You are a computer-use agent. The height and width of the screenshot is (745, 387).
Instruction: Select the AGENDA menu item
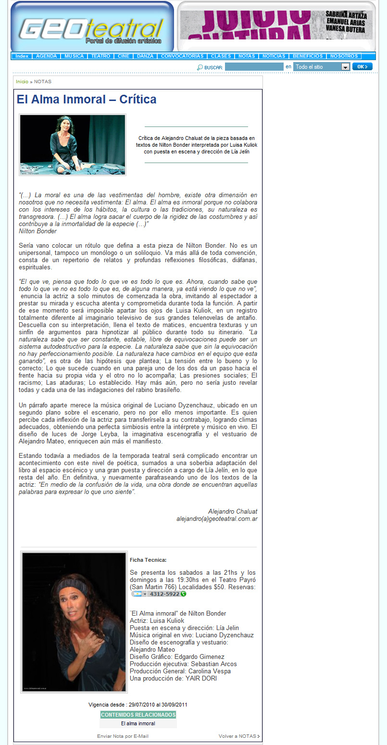click(x=46, y=56)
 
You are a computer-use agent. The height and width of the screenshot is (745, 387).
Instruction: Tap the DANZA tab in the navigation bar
click(x=145, y=56)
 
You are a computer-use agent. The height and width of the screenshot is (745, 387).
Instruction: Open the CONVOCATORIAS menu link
click(x=182, y=56)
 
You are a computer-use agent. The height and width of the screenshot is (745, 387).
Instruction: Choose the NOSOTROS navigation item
click(x=344, y=56)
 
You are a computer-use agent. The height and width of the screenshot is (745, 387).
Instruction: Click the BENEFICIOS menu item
click(x=308, y=56)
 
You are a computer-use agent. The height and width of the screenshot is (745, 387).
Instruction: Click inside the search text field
click(x=254, y=67)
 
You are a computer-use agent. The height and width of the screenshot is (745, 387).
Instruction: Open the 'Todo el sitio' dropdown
click(x=321, y=67)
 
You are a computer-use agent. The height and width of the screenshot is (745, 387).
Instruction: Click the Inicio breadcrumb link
click(x=22, y=82)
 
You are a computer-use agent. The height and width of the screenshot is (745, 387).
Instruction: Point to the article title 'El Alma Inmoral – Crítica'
click(x=87, y=100)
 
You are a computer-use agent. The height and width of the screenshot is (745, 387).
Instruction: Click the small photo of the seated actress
click(x=73, y=145)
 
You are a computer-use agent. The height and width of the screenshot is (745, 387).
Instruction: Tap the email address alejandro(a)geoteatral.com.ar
click(x=216, y=519)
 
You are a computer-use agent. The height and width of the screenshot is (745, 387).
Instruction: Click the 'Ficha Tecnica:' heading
click(x=148, y=560)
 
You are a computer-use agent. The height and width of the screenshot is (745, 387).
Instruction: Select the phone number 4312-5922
click(x=164, y=594)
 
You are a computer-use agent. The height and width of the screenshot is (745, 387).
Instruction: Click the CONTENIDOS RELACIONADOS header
click(x=138, y=715)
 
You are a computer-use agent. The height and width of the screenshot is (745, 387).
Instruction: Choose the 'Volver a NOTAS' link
click(x=238, y=736)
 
